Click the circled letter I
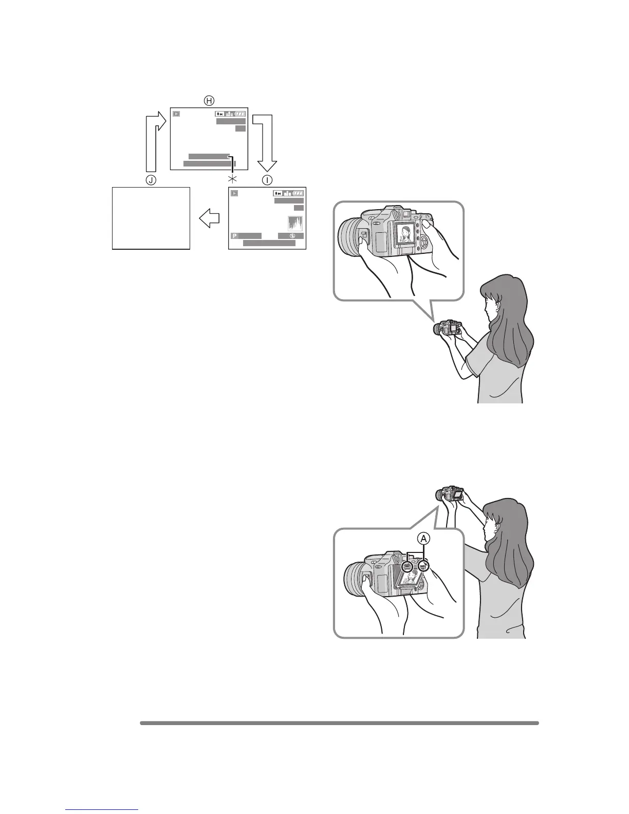[267, 180]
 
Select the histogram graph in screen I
[295, 224]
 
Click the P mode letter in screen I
[234, 236]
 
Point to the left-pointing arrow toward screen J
[209, 219]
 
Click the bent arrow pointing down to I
[267, 141]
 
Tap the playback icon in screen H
[177, 114]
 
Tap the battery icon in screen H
[240, 114]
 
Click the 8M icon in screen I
[278, 193]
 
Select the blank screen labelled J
[151, 218]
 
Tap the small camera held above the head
[451, 494]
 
